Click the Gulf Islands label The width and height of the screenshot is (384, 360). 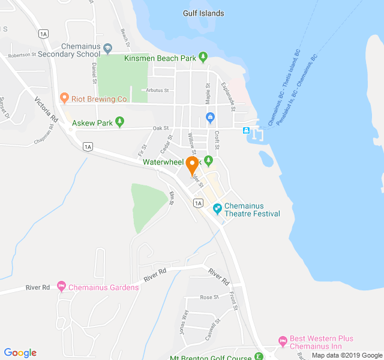pyautogui.click(x=203, y=13)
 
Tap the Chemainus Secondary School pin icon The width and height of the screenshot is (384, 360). pyautogui.click(x=107, y=48)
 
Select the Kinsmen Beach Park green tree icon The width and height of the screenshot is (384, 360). pyautogui.click(x=203, y=58)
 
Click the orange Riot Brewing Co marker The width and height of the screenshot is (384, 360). pyautogui.click(x=64, y=97)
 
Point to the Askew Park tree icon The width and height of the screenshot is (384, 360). pyautogui.click(x=120, y=122)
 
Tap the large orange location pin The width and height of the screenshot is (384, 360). pyautogui.click(x=193, y=166)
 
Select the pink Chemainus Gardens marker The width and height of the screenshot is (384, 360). pyautogui.click(x=61, y=286)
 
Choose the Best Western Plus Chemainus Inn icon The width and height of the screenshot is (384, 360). pyautogui.click(x=283, y=341)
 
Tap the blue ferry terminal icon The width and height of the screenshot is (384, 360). pyautogui.click(x=246, y=130)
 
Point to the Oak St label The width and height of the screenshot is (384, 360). pyautogui.click(x=160, y=128)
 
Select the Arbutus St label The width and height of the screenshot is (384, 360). pyautogui.click(x=157, y=91)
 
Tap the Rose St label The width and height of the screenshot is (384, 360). pyautogui.click(x=209, y=297)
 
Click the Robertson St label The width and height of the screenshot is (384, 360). pyautogui.click(x=22, y=55)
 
